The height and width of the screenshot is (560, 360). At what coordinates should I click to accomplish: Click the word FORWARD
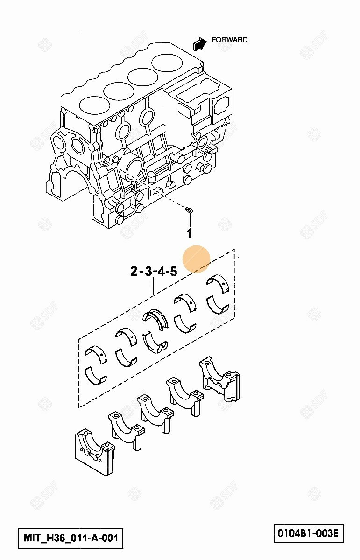click(x=229, y=40)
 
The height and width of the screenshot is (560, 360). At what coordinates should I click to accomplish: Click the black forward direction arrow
click(x=199, y=44)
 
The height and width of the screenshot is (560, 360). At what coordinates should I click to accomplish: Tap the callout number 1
click(x=190, y=233)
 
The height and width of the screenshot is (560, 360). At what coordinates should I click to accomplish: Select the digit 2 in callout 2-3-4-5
click(x=134, y=271)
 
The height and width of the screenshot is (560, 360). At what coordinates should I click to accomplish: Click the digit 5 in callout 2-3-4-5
click(x=174, y=271)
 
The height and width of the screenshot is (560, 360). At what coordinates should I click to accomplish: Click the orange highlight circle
click(x=197, y=259)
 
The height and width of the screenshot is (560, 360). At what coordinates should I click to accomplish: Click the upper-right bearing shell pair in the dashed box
click(x=218, y=295)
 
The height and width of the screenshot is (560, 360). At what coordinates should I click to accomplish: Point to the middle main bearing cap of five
click(x=156, y=413)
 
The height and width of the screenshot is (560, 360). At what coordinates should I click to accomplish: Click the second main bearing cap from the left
click(x=127, y=431)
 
